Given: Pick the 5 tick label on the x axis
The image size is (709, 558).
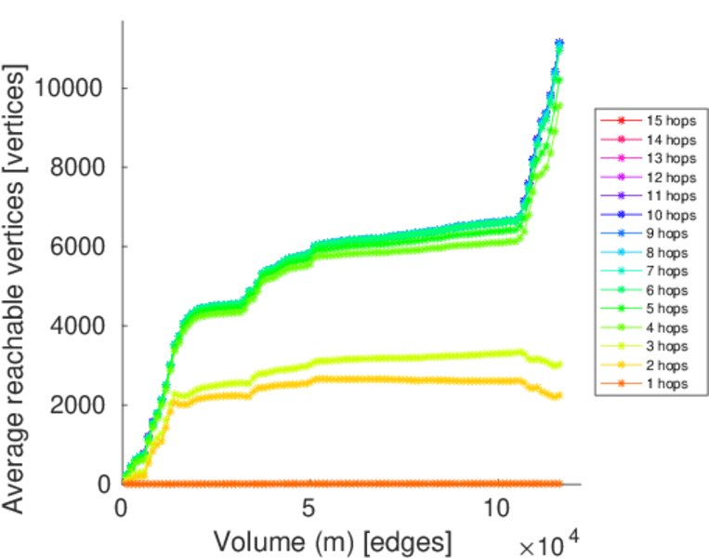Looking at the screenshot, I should click(x=309, y=510).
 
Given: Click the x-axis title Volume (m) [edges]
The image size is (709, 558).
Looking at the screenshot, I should click(x=334, y=540).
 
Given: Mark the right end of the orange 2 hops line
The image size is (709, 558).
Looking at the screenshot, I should click(x=559, y=395).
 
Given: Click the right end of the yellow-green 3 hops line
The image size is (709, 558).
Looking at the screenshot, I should click(x=559, y=365).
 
